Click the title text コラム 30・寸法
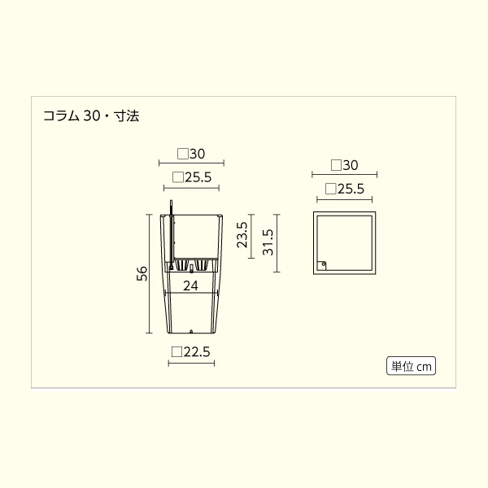91,116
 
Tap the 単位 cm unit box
411,366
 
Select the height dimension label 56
142,274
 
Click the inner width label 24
190,285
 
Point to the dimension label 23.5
242,234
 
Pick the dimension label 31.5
268,242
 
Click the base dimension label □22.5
191,351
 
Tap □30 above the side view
190,152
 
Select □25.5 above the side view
192,176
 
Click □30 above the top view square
345,164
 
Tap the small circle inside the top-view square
323,264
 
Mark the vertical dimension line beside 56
149,274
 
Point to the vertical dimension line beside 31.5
278,242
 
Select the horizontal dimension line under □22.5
191,363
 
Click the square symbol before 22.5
176,351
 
